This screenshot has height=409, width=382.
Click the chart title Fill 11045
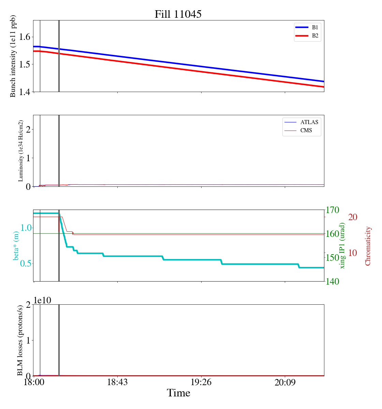pos(178,14)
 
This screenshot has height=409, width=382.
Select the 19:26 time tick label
pos(201,382)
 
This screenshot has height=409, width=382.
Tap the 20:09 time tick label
pos(285,382)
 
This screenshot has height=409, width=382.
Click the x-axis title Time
pos(178,393)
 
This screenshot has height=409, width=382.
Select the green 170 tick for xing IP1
pos(333,210)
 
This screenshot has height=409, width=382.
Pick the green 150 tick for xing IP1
pos(333,258)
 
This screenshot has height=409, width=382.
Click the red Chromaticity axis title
pos(368,246)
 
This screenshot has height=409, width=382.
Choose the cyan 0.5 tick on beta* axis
pos(26,264)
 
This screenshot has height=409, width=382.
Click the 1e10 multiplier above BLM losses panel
pos(43,300)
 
